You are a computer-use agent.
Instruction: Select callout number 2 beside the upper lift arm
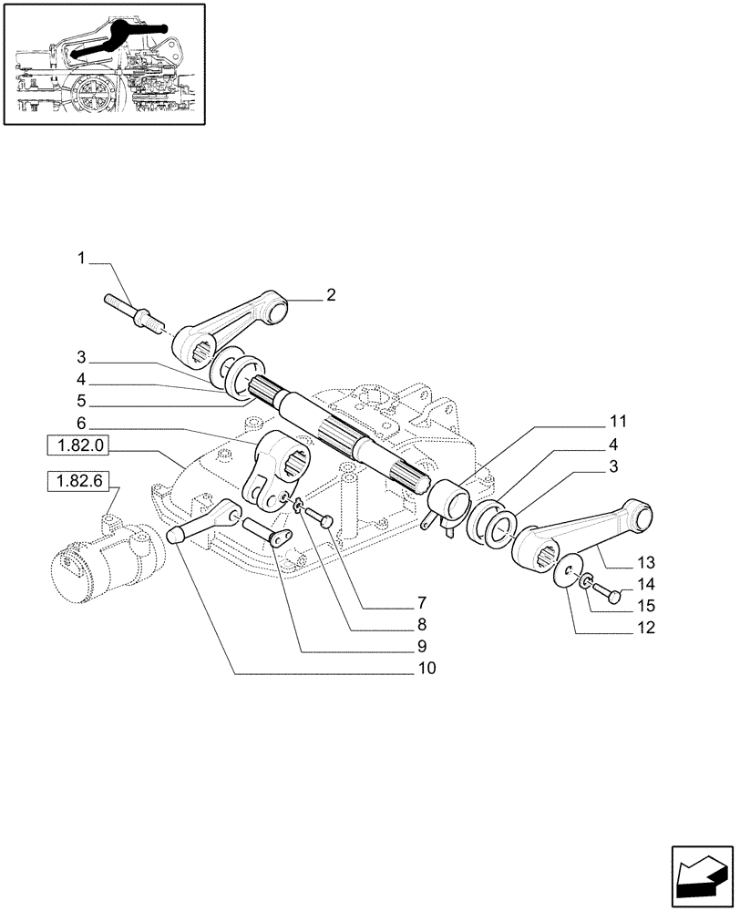(330, 294)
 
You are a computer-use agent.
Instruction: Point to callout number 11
(619, 422)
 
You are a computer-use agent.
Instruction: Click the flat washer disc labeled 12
(566, 571)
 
